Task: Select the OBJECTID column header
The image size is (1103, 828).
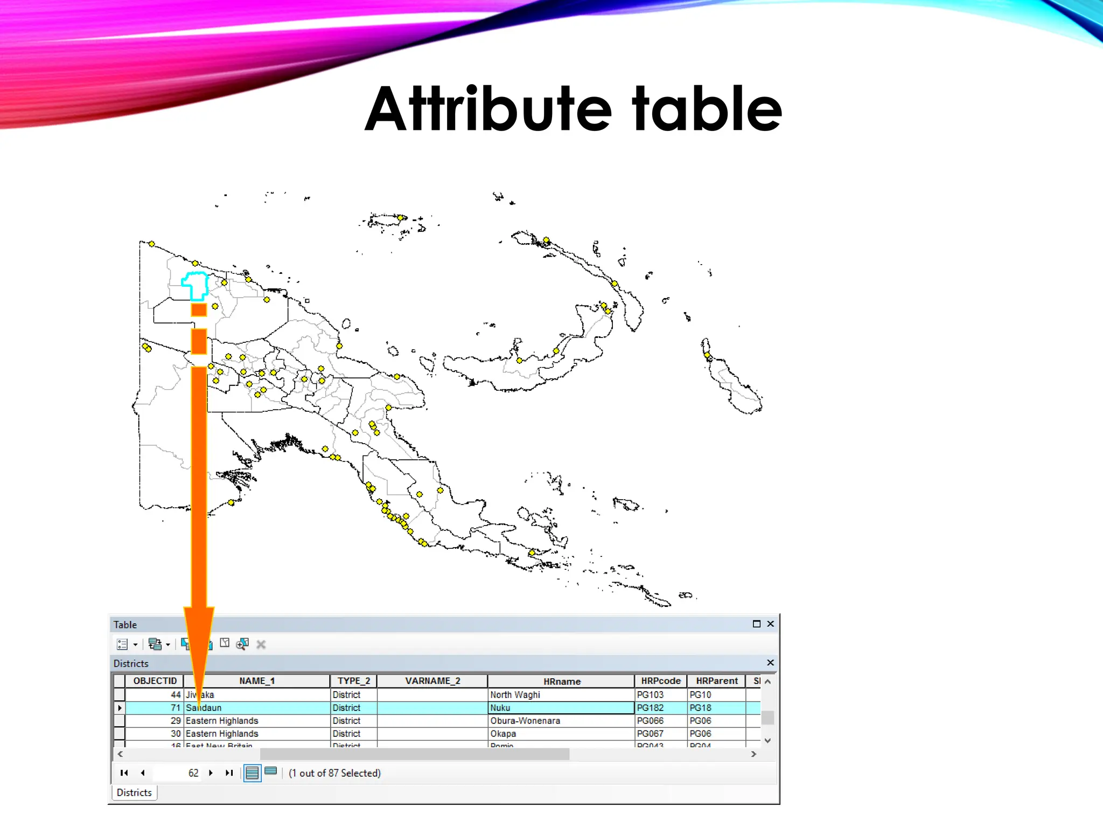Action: pyautogui.click(x=155, y=681)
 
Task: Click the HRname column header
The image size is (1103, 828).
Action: pyautogui.click(x=561, y=681)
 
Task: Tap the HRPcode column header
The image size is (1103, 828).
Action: pyautogui.click(x=660, y=681)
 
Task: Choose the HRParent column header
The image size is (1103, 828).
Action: pyautogui.click(x=716, y=681)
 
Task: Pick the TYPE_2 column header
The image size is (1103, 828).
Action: pyautogui.click(x=353, y=681)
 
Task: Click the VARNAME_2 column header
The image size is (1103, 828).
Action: pyautogui.click(x=432, y=681)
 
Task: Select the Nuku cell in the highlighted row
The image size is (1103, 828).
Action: pyautogui.click(x=500, y=708)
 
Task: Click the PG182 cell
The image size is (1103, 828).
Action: pyautogui.click(x=650, y=708)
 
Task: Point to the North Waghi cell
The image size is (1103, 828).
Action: pyautogui.click(x=515, y=695)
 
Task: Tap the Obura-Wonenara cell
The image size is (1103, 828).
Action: pyautogui.click(x=525, y=721)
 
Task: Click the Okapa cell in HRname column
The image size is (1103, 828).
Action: pyautogui.click(x=503, y=734)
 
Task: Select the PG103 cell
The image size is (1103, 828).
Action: pyautogui.click(x=650, y=695)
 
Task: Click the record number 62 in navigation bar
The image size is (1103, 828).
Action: pyautogui.click(x=193, y=773)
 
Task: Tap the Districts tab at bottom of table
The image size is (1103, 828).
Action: pyautogui.click(x=134, y=792)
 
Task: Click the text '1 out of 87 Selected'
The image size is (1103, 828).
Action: pyautogui.click(x=334, y=773)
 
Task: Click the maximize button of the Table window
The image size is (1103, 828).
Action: pyautogui.click(x=756, y=624)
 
